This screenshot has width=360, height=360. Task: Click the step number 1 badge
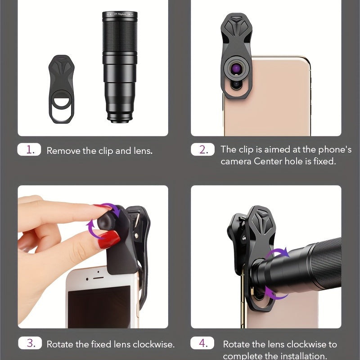[x=29, y=150]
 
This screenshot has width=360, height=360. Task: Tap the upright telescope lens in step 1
[x=120, y=67]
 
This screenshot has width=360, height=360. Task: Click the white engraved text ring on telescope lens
[x=120, y=16]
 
